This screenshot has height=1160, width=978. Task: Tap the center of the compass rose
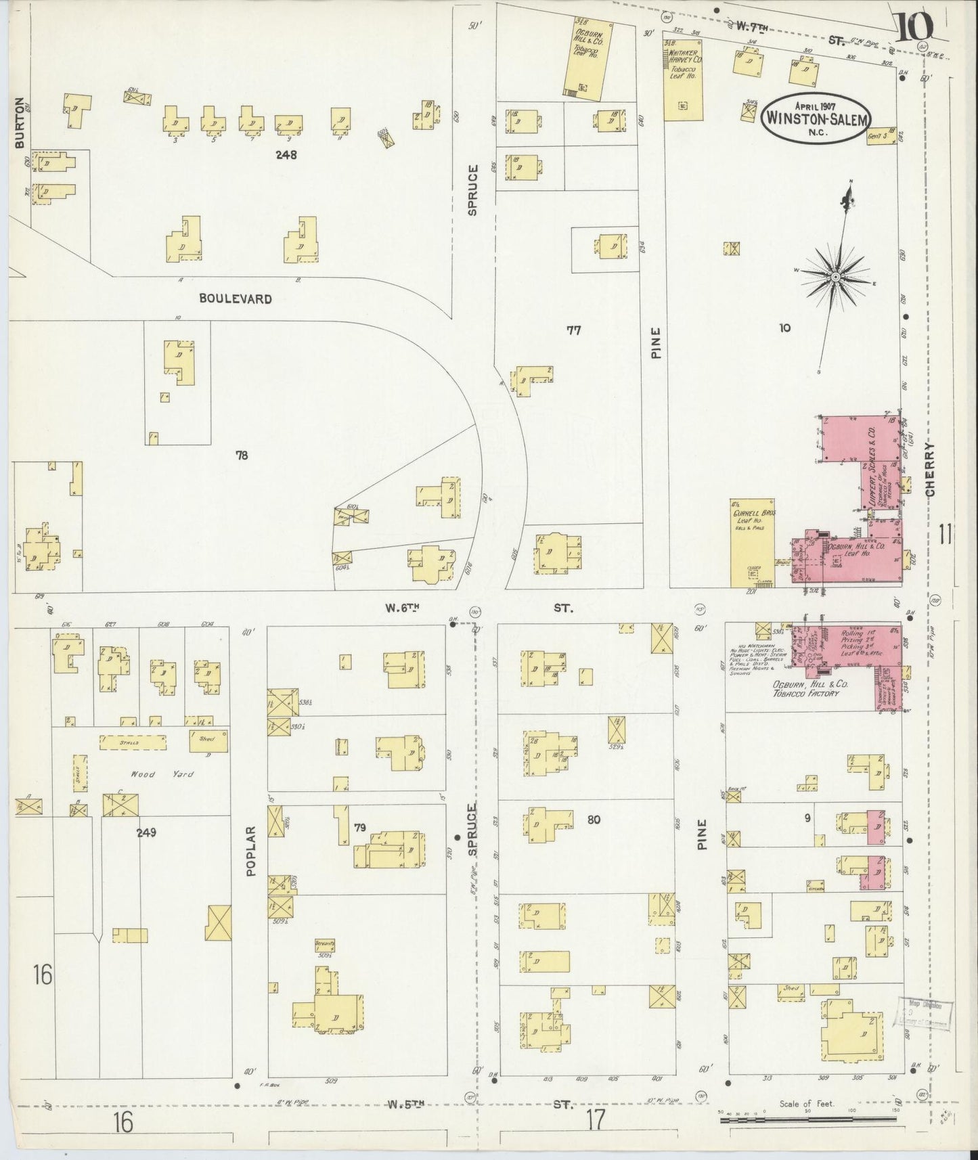tap(836, 277)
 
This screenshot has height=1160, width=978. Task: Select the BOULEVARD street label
tap(236, 298)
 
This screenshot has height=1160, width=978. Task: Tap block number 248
tap(286, 154)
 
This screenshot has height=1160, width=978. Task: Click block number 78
tap(242, 455)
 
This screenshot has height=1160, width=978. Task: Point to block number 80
tap(594, 820)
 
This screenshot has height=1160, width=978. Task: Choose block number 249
tap(146, 832)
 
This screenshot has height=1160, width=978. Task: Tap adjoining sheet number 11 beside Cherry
tap(946, 537)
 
